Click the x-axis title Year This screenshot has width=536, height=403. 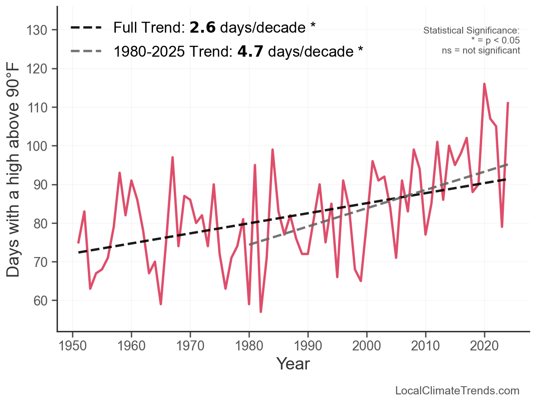click(293, 364)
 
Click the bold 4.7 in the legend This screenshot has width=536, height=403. click(251, 52)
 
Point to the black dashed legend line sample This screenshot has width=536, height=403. click(86, 28)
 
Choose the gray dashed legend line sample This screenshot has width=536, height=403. click(86, 52)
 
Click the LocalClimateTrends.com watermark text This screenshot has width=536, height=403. click(457, 391)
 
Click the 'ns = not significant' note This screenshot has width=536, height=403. click(481, 50)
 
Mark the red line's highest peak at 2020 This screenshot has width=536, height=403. click(484, 84)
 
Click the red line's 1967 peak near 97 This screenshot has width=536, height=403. click(172, 157)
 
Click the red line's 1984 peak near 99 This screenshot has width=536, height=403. click(273, 150)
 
